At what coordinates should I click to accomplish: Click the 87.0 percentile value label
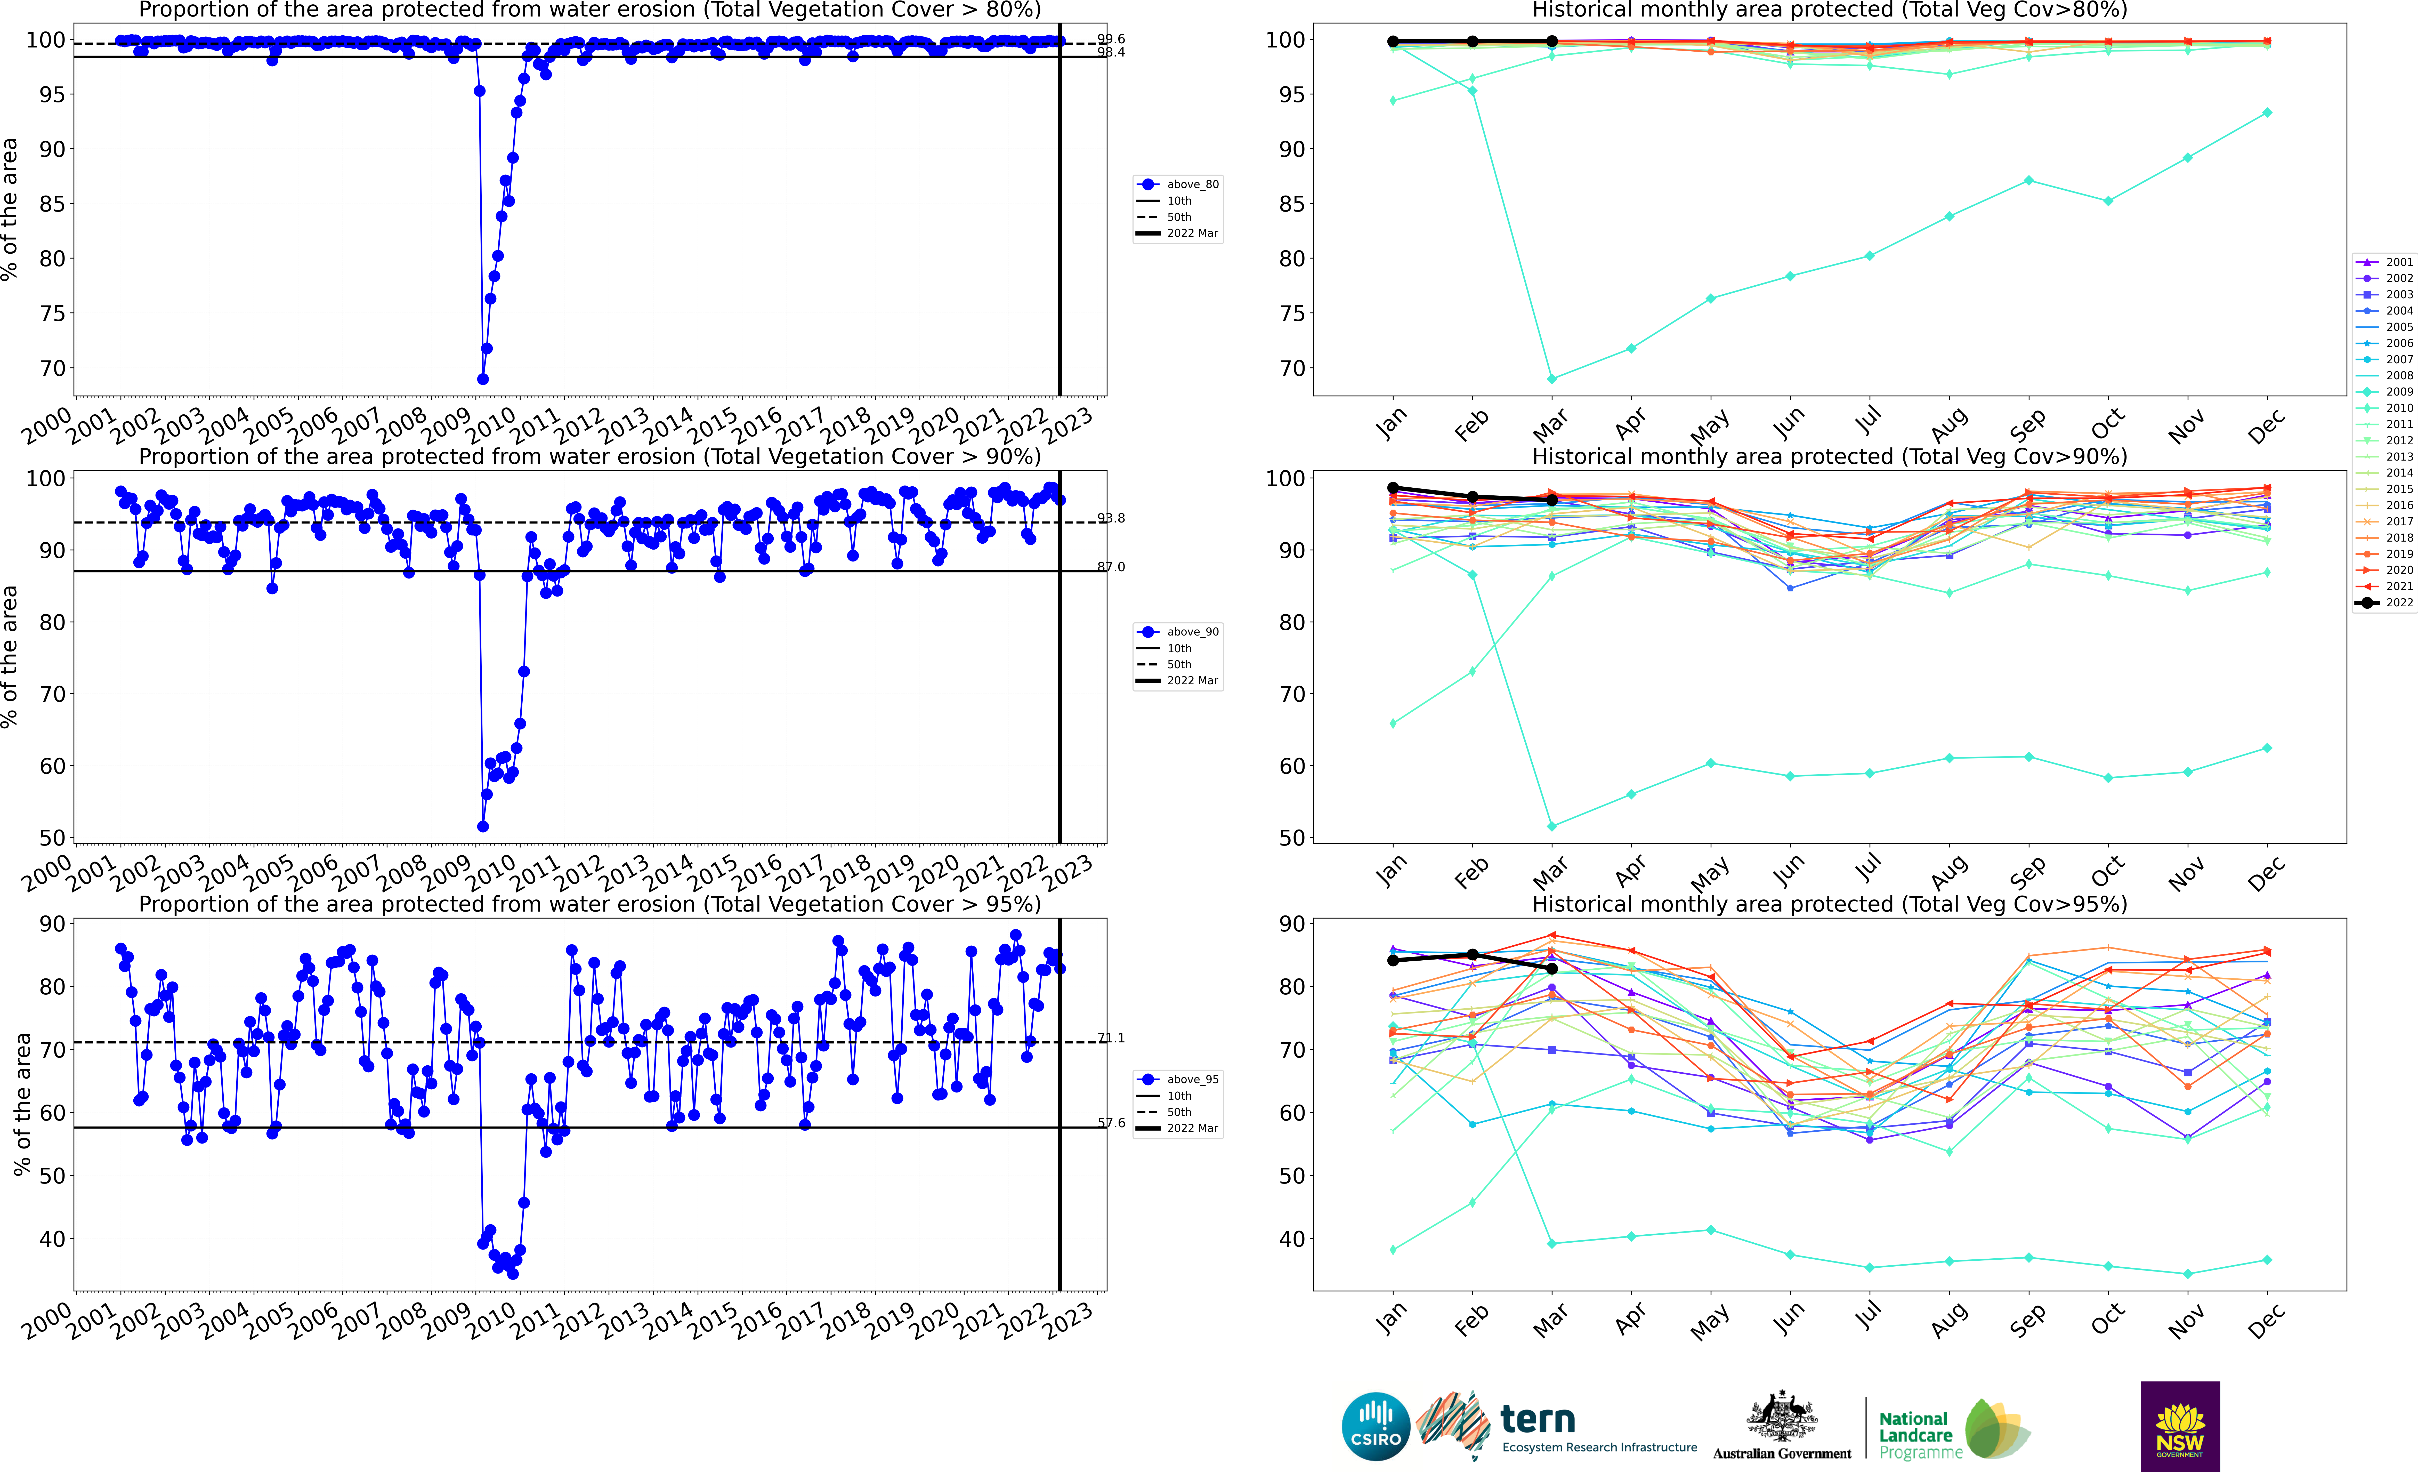(1111, 567)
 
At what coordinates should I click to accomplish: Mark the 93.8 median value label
(1111, 518)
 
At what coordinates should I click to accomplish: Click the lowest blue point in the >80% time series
(483, 379)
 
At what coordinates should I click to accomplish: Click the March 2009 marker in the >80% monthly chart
(1551, 379)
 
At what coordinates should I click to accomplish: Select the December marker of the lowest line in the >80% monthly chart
(2267, 113)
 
